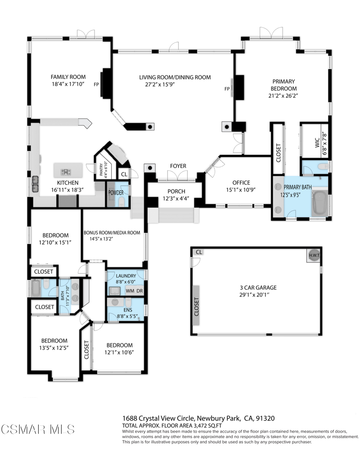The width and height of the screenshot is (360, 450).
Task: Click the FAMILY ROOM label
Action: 68,77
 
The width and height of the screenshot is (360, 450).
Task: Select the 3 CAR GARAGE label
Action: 258,287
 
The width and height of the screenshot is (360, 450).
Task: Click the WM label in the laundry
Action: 130,291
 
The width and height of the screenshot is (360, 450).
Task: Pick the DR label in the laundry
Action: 139,291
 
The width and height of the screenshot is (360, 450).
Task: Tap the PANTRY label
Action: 101,170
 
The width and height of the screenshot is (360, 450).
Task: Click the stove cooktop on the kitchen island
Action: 66,172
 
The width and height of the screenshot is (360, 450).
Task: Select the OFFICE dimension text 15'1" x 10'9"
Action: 241,190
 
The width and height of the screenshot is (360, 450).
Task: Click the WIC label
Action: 317,143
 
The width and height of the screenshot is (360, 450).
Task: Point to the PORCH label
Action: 176,192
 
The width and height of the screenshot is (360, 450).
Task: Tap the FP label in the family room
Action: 96,85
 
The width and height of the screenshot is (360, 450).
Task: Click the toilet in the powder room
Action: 122,201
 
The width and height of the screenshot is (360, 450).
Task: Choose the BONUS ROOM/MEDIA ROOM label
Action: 112,233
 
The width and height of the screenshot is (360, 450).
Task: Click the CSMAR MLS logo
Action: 37,429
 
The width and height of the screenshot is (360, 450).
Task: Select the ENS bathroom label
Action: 128,310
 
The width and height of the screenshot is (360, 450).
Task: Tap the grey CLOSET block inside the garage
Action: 196,306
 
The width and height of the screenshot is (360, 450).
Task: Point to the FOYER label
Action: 178,166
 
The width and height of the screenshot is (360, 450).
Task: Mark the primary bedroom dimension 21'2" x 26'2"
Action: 284,95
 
